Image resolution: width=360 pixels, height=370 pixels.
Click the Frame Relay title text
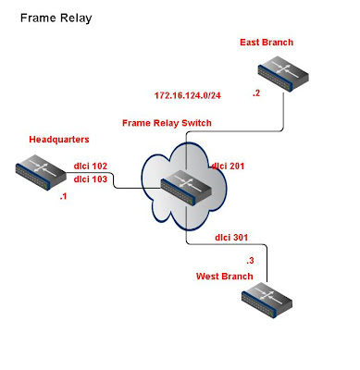[56, 18]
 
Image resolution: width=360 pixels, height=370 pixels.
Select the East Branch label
[267, 43]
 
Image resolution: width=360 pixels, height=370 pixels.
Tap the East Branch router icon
[283, 74]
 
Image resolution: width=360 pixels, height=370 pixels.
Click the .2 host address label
[256, 93]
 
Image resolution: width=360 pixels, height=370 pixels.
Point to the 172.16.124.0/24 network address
[188, 95]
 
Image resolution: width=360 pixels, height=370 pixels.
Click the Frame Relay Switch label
[167, 123]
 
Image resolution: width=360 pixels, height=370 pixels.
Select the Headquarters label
[59, 140]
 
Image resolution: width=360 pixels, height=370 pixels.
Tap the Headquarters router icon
[41, 172]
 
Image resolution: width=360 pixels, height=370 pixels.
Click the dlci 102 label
[91, 166]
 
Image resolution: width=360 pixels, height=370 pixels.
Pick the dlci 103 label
[91, 179]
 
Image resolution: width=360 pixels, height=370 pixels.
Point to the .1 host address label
[63, 196]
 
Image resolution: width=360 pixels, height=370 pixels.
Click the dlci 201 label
[228, 166]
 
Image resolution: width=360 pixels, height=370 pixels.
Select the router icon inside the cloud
[186, 188]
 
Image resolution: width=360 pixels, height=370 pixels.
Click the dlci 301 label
[231, 238]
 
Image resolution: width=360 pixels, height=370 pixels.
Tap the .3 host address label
[250, 261]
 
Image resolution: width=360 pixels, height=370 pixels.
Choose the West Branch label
[225, 276]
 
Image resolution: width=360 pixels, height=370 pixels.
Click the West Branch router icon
[267, 300]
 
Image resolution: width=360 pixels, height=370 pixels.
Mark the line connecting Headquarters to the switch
[114, 180]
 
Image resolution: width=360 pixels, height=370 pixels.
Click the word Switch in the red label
[196, 123]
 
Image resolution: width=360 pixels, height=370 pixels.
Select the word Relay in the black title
[76, 18]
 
